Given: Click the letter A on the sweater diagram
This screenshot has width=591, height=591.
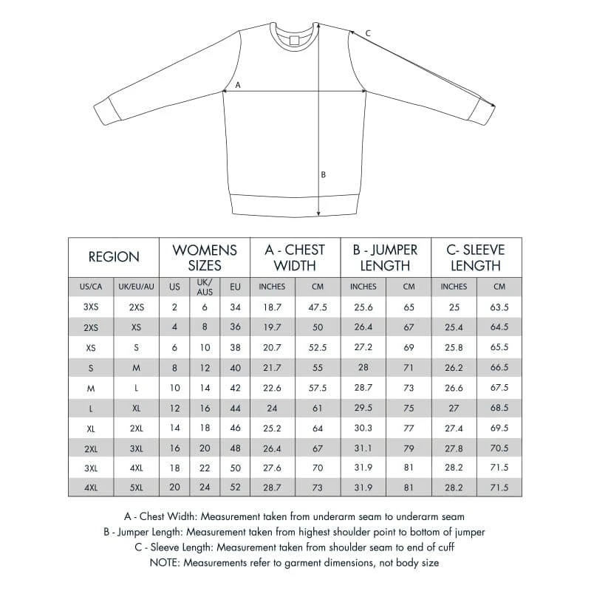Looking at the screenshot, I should point(237,85).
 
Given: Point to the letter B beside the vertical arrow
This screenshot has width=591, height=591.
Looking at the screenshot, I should point(323,175).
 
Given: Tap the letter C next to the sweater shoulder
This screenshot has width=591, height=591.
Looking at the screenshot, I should point(368,33).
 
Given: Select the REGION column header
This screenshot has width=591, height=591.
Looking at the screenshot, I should point(114,257).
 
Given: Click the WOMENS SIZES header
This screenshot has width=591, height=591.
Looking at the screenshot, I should point(205,257).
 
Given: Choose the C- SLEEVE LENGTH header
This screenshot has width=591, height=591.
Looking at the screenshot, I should point(476,257).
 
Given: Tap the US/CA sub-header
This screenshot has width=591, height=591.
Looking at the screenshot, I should point(91,287).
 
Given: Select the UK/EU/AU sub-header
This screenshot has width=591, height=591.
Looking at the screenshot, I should point(137,287).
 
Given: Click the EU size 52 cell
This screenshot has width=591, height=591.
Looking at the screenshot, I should point(236,487).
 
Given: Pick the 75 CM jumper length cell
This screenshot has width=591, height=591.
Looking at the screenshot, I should point(409,407).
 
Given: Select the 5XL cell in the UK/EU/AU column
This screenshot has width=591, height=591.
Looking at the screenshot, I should point(137,487).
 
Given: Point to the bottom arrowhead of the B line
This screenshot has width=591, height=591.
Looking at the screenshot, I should point(318,213).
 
